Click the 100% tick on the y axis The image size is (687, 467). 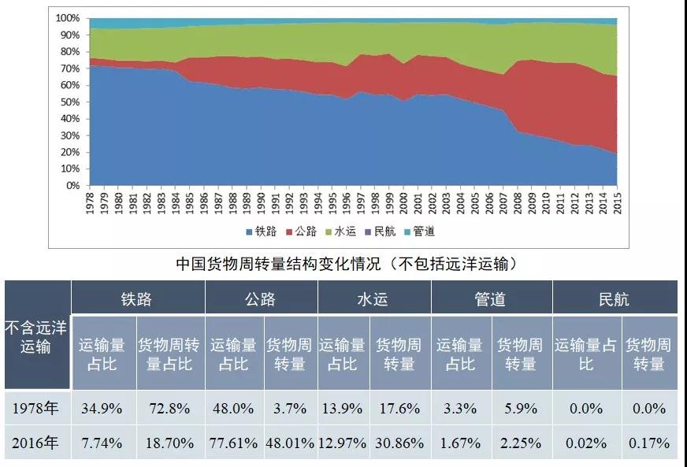pos(68,17)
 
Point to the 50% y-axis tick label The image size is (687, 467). pos(70,102)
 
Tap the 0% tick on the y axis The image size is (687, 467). pos(73,186)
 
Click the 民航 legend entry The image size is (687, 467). pos(382,232)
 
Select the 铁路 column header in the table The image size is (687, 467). pos(137,298)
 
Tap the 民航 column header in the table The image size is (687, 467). pos(615,298)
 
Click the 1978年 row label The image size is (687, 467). pos(37,408)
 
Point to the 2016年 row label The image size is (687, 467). pos(37,443)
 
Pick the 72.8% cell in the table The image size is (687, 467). pos(170,408)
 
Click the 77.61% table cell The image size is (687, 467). pos(233,443)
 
